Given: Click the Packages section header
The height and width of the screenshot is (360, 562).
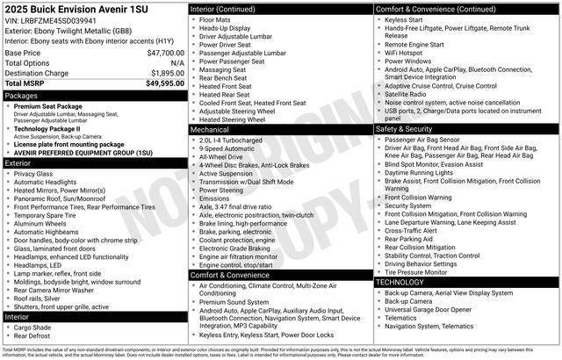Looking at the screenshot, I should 21,95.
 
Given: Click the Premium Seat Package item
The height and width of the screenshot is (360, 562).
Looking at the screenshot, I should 47,105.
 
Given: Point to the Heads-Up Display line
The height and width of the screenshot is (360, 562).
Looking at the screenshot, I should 224,28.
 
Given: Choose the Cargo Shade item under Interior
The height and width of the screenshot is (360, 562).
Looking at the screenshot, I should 33,327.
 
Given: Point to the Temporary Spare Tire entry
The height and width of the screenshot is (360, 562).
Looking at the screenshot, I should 51,215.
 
